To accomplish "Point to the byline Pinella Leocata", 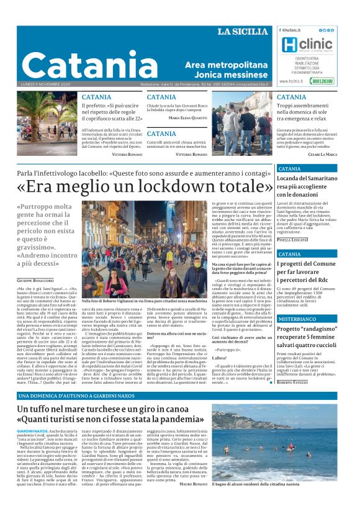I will pos(293,239).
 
